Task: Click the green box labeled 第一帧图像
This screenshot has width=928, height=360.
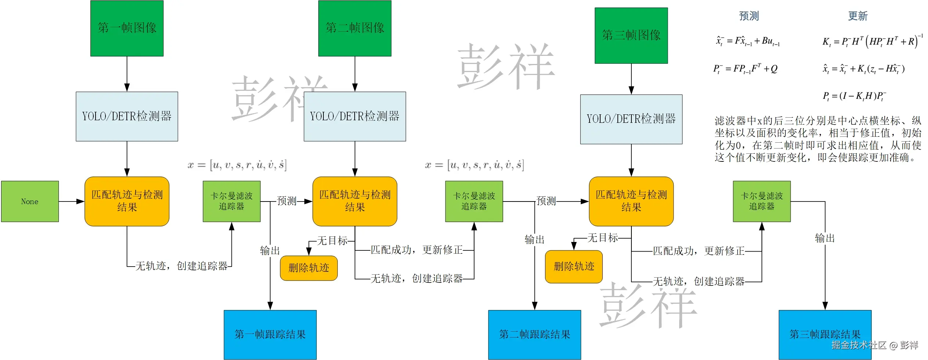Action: pos(127,28)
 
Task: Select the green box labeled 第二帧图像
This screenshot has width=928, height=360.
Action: pos(355,28)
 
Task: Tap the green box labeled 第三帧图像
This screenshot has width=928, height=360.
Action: pos(631,36)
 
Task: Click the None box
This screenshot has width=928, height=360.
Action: pos(30,202)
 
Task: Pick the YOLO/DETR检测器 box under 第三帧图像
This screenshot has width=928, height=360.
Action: pos(631,119)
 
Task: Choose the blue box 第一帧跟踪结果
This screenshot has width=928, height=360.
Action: pos(270,334)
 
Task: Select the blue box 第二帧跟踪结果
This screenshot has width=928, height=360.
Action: pos(534,334)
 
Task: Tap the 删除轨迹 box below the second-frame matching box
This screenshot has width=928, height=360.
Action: pos(309,268)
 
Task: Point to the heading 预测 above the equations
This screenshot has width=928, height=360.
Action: pos(749,16)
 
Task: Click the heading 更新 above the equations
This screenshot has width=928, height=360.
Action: pos(857,16)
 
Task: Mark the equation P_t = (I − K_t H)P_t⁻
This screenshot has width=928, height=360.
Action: pos(854,96)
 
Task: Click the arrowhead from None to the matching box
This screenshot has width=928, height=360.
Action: pos(81,202)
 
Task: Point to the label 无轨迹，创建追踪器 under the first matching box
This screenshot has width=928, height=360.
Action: pos(181,266)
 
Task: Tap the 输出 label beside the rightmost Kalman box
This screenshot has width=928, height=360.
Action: pos(825,238)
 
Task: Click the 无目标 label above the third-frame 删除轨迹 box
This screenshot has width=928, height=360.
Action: pos(602,238)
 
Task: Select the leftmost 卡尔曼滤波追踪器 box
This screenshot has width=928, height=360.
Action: pos(232,202)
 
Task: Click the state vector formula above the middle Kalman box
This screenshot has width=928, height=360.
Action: pos(474,165)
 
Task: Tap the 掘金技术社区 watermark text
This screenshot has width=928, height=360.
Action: pos(859,345)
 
